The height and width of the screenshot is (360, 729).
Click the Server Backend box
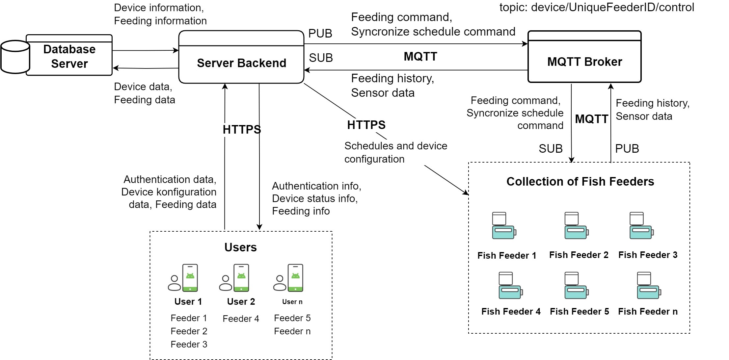[241, 63]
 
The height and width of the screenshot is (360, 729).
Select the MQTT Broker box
[584, 62]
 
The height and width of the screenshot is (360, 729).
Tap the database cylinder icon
[15, 57]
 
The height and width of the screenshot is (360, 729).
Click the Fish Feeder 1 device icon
[504, 226]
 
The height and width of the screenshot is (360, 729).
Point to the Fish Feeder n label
[648, 311]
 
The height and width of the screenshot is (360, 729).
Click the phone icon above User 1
[190, 278]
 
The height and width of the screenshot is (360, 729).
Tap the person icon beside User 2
[226, 283]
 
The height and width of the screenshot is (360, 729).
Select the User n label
[292, 302]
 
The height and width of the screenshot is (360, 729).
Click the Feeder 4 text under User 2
[241, 319]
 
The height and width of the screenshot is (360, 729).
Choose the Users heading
[240, 247]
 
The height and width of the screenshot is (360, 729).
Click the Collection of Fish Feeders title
[580, 181]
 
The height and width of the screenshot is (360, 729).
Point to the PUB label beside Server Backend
[320, 34]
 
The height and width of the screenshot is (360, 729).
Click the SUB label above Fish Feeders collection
[551, 149]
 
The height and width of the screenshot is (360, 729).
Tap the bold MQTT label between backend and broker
[420, 56]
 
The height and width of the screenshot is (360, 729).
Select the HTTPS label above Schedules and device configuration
[366, 125]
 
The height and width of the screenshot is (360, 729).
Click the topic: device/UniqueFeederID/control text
[597, 7]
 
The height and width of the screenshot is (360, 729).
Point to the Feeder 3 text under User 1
[189, 344]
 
